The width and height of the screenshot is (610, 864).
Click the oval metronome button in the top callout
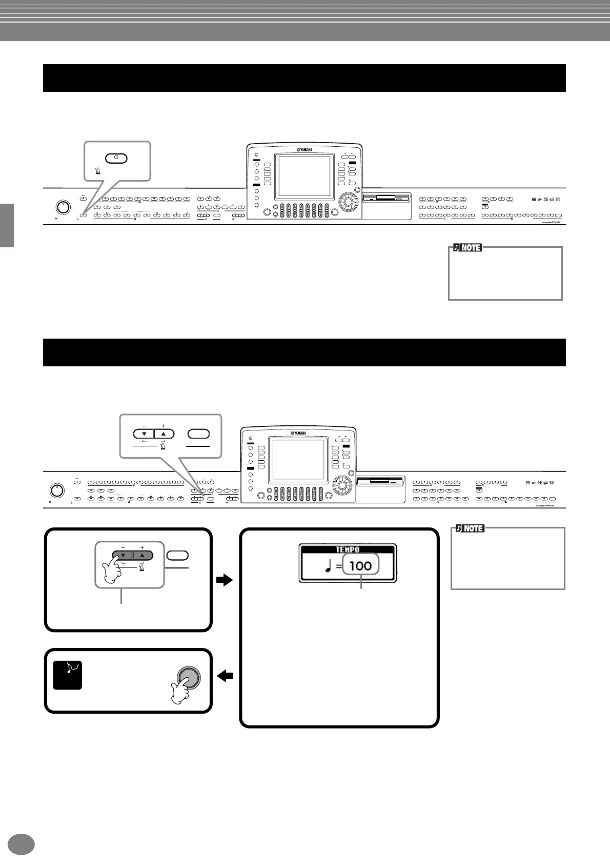[116, 158]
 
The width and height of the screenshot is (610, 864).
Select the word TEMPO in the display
[348, 549]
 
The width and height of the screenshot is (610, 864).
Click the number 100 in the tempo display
[360, 566]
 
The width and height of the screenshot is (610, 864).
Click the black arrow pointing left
[225, 677]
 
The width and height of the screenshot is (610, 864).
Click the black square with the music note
[68, 675]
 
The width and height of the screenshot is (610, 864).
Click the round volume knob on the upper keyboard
[62, 207]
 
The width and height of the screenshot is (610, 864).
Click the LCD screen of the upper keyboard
[303, 177]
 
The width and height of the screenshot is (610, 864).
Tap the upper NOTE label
[467, 248]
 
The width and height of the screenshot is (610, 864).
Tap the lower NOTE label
[470, 528]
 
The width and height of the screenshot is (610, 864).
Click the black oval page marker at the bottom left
[22, 844]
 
